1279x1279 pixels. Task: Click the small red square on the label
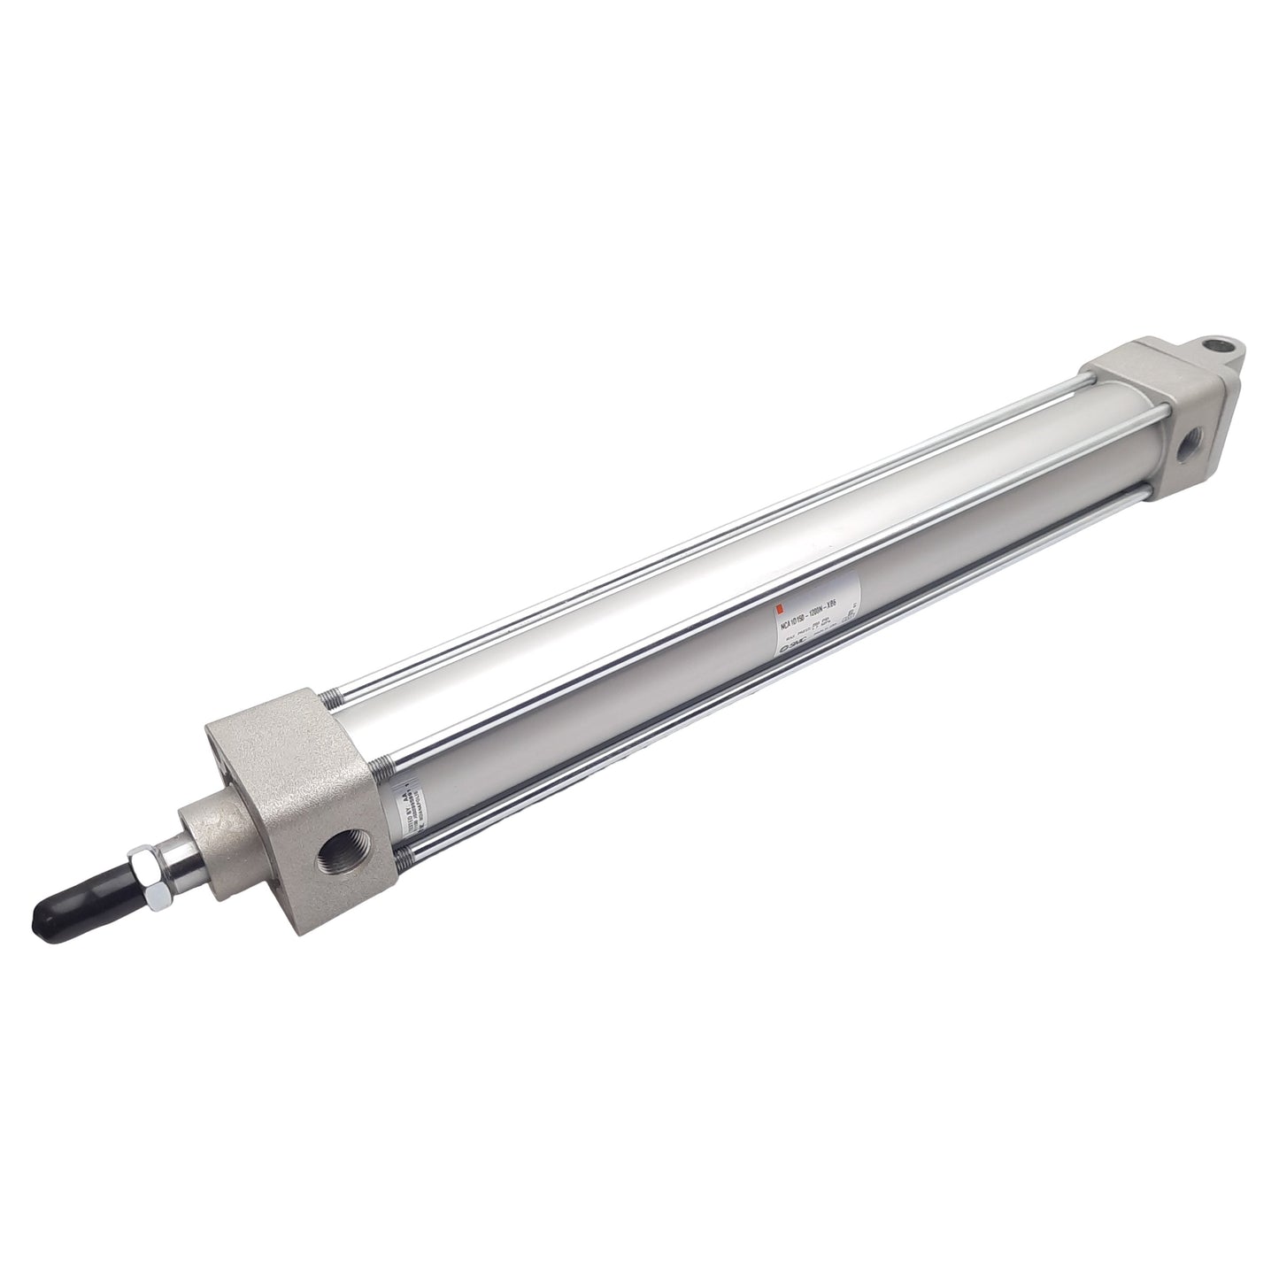coord(778,608)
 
